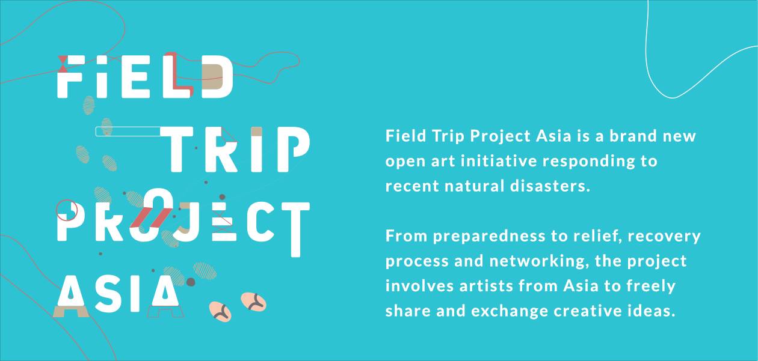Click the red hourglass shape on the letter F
[63, 60]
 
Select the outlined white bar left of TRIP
[127, 131]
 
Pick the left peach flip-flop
[220, 311]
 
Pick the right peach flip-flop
[253, 301]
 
